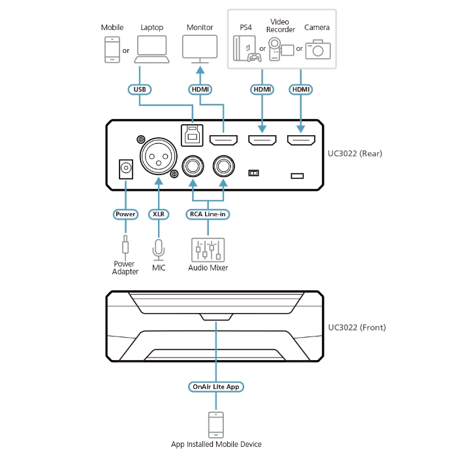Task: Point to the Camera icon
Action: coord(318,50)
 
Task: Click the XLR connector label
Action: coord(157,214)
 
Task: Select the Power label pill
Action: coord(125,214)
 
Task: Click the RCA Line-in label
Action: coord(208,214)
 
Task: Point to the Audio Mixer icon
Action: coord(208,250)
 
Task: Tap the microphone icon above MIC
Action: coord(157,249)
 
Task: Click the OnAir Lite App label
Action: coord(216,387)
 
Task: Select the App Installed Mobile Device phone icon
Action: coord(216,424)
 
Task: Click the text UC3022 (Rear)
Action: coord(354,154)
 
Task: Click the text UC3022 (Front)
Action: coord(356,327)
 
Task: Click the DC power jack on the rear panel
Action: coord(124,170)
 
